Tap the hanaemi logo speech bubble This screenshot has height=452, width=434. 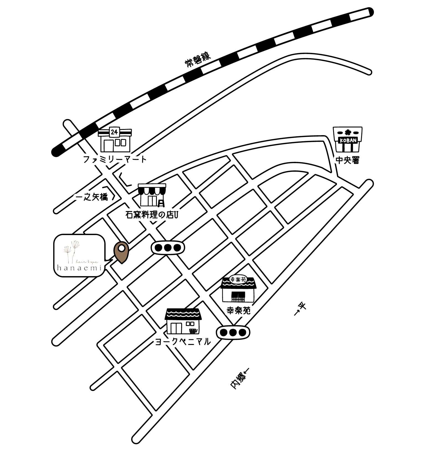[80, 255]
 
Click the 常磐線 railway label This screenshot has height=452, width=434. [198, 59]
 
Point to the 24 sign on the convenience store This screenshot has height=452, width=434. [114, 132]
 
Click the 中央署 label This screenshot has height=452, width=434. [348, 160]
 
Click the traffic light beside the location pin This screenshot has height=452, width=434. [167, 247]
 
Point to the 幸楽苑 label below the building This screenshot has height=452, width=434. [239, 311]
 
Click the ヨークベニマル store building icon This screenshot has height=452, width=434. [183, 322]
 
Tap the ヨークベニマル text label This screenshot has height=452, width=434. [183, 342]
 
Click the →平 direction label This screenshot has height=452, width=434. [300, 309]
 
